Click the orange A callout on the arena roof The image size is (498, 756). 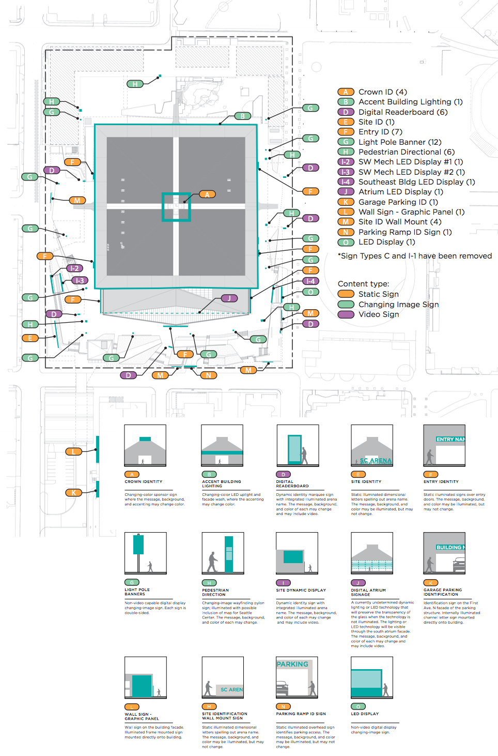click(x=207, y=194)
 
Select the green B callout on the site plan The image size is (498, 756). click(x=242, y=116)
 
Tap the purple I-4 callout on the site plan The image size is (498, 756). click(x=310, y=281)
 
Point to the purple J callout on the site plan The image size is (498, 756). click(x=229, y=298)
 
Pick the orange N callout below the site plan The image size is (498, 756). click(x=208, y=375)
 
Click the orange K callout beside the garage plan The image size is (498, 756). click(x=73, y=492)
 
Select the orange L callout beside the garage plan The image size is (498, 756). click(x=73, y=451)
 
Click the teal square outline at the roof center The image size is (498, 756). click(x=177, y=207)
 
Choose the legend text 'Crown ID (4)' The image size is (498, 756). click(x=382, y=92)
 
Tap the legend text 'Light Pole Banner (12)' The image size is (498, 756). click(x=400, y=142)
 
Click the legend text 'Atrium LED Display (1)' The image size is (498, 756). click(x=400, y=192)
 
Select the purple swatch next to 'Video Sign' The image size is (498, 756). click(x=346, y=314)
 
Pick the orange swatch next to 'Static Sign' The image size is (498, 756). click(x=346, y=294)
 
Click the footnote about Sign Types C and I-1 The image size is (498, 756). click(x=414, y=256)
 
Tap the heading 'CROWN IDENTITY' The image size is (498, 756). click(x=143, y=481)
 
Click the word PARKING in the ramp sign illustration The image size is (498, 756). click(x=292, y=664)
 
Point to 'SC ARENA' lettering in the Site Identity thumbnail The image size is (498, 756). click(x=376, y=460)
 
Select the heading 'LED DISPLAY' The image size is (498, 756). click(x=365, y=714)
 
